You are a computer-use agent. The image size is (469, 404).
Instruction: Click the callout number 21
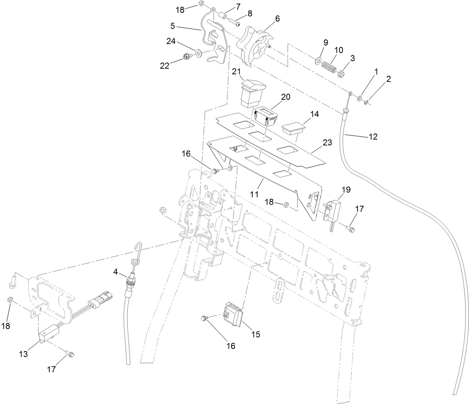tap(236, 71)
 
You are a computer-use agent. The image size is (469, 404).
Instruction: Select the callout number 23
tap(327, 143)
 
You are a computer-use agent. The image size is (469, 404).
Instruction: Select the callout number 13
tap(23, 354)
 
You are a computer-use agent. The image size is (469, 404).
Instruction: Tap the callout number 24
tap(171, 41)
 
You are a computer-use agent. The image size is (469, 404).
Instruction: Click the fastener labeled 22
tap(185, 57)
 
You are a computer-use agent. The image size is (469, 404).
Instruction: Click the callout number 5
tap(172, 26)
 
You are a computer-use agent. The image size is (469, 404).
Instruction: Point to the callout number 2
tap(388, 79)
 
